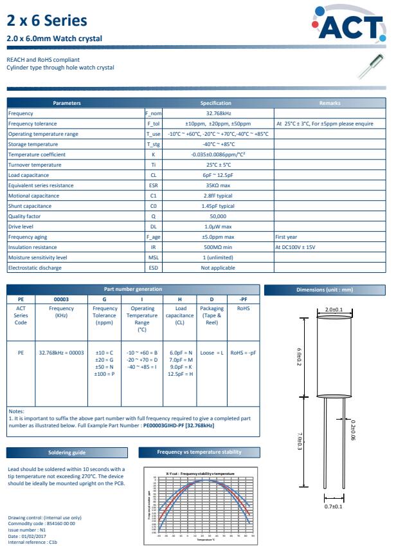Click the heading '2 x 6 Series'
46,21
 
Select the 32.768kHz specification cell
218,113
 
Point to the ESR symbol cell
153,185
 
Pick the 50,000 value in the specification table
218,216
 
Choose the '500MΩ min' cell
218,247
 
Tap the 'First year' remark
286,237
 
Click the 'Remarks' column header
330,103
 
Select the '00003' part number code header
61,299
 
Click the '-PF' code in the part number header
243,299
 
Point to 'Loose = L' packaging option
212,353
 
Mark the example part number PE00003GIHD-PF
158,425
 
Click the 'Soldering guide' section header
67,452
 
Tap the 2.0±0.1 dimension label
334,310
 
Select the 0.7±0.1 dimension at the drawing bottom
334,507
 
